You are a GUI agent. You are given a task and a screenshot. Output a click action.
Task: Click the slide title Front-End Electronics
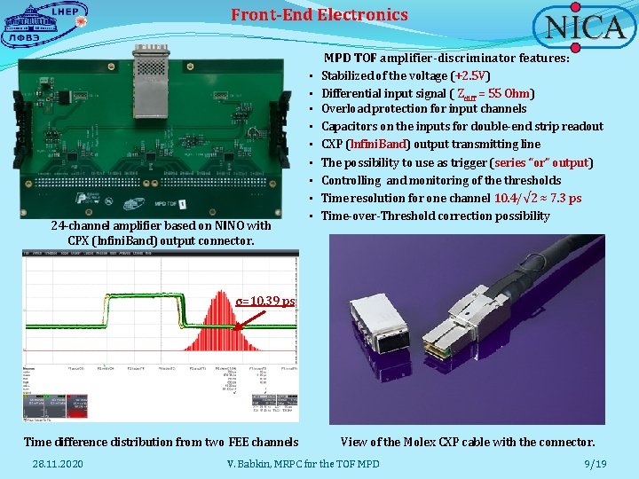point(319,14)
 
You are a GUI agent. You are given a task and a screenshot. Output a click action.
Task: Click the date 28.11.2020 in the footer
point(58,464)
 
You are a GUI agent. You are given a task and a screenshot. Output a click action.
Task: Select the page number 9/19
point(595,464)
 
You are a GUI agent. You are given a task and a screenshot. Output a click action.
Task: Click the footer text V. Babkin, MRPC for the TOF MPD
point(304,464)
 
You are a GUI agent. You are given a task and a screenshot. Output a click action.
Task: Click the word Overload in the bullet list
point(345,109)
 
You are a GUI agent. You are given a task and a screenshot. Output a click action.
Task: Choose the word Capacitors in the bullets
point(350,127)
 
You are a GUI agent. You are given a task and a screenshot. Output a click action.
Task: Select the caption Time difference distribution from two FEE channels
point(161,442)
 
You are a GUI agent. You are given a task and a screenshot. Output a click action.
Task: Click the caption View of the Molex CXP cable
point(468,442)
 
